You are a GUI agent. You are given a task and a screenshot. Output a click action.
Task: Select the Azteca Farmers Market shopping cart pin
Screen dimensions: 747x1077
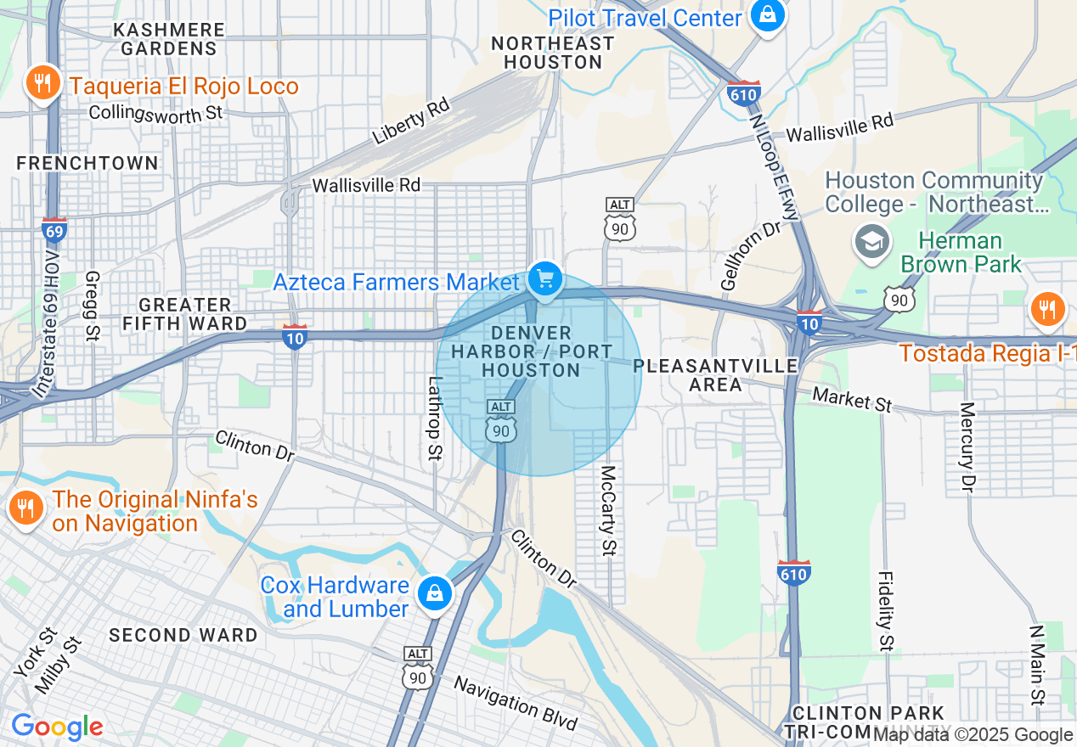click(x=544, y=278)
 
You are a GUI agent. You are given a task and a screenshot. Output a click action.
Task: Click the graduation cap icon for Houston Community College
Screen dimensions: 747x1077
click(x=871, y=241)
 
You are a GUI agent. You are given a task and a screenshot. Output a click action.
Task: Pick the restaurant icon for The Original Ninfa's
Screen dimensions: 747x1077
click(x=25, y=508)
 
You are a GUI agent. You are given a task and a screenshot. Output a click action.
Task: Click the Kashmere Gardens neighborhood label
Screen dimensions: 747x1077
click(x=169, y=39)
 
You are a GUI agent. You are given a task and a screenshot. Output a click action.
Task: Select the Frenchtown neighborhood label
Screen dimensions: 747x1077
click(x=87, y=163)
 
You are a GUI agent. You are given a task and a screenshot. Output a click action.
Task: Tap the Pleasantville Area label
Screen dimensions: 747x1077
click(x=716, y=374)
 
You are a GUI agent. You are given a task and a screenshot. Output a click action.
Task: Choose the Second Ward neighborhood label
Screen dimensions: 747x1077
click(x=183, y=635)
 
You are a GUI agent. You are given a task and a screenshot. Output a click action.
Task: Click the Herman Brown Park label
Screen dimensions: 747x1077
click(x=961, y=253)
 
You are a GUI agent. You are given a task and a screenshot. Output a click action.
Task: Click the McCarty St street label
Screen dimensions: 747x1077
click(x=607, y=510)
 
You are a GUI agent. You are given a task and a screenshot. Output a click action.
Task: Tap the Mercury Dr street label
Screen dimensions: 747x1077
click(x=967, y=447)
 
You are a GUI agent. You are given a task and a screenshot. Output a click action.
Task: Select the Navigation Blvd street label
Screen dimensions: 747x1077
click(x=516, y=703)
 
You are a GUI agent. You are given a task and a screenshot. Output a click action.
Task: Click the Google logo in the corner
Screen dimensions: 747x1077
click(x=57, y=727)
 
